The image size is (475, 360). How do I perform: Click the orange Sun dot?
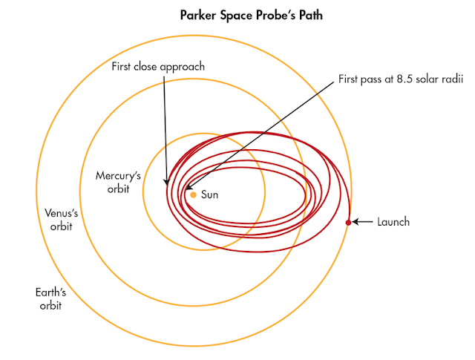click(193, 194)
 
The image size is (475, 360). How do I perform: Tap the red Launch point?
click(348, 222)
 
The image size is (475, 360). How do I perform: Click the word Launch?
click(393, 222)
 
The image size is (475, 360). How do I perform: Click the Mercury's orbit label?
click(113, 182)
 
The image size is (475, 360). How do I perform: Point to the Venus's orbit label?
click(56, 220)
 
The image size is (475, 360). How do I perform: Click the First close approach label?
click(158, 67)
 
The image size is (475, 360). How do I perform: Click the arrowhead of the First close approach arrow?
click(166, 183)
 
